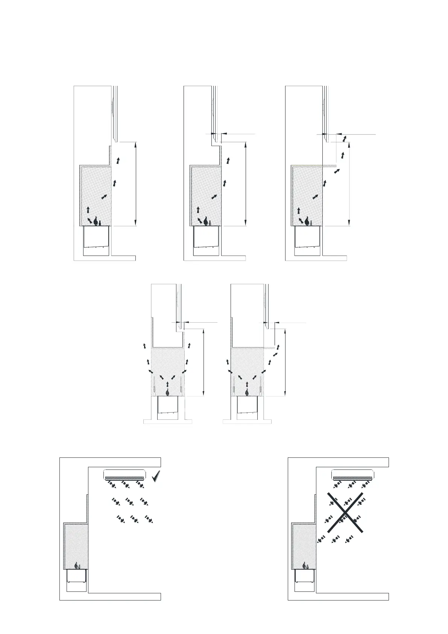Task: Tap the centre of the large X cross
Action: pyautogui.click(x=345, y=512)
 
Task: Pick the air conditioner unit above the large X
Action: pyautogui.click(x=353, y=475)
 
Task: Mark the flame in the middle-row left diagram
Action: pyautogui.click(x=167, y=392)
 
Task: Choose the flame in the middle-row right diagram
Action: pyautogui.click(x=247, y=392)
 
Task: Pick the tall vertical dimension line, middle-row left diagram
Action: pyautogui.click(x=203, y=361)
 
